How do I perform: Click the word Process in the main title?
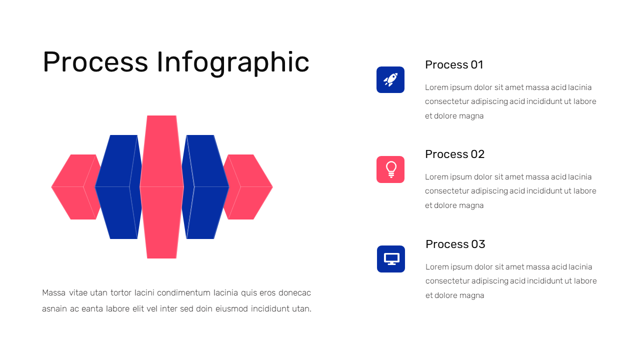pyautogui.click(x=95, y=62)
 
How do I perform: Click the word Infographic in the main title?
pyautogui.click(x=233, y=62)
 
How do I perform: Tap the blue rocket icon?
pyautogui.click(x=390, y=79)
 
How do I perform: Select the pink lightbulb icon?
pyautogui.click(x=390, y=169)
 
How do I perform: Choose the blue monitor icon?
pyautogui.click(x=391, y=259)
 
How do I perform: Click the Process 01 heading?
pyautogui.click(x=454, y=64)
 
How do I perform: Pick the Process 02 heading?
pyautogui.click(x=454, y=154)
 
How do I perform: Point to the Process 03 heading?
pyautogui.click(x=455, y=244)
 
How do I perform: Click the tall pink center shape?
pyautogui.click(x=161, y=187)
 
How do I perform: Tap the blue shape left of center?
pyautogui.click(x=116, y=187)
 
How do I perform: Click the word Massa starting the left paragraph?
pyautogui.click(x=54, y=292)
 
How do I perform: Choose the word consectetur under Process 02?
pyautogui.click(x=447, y=191)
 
